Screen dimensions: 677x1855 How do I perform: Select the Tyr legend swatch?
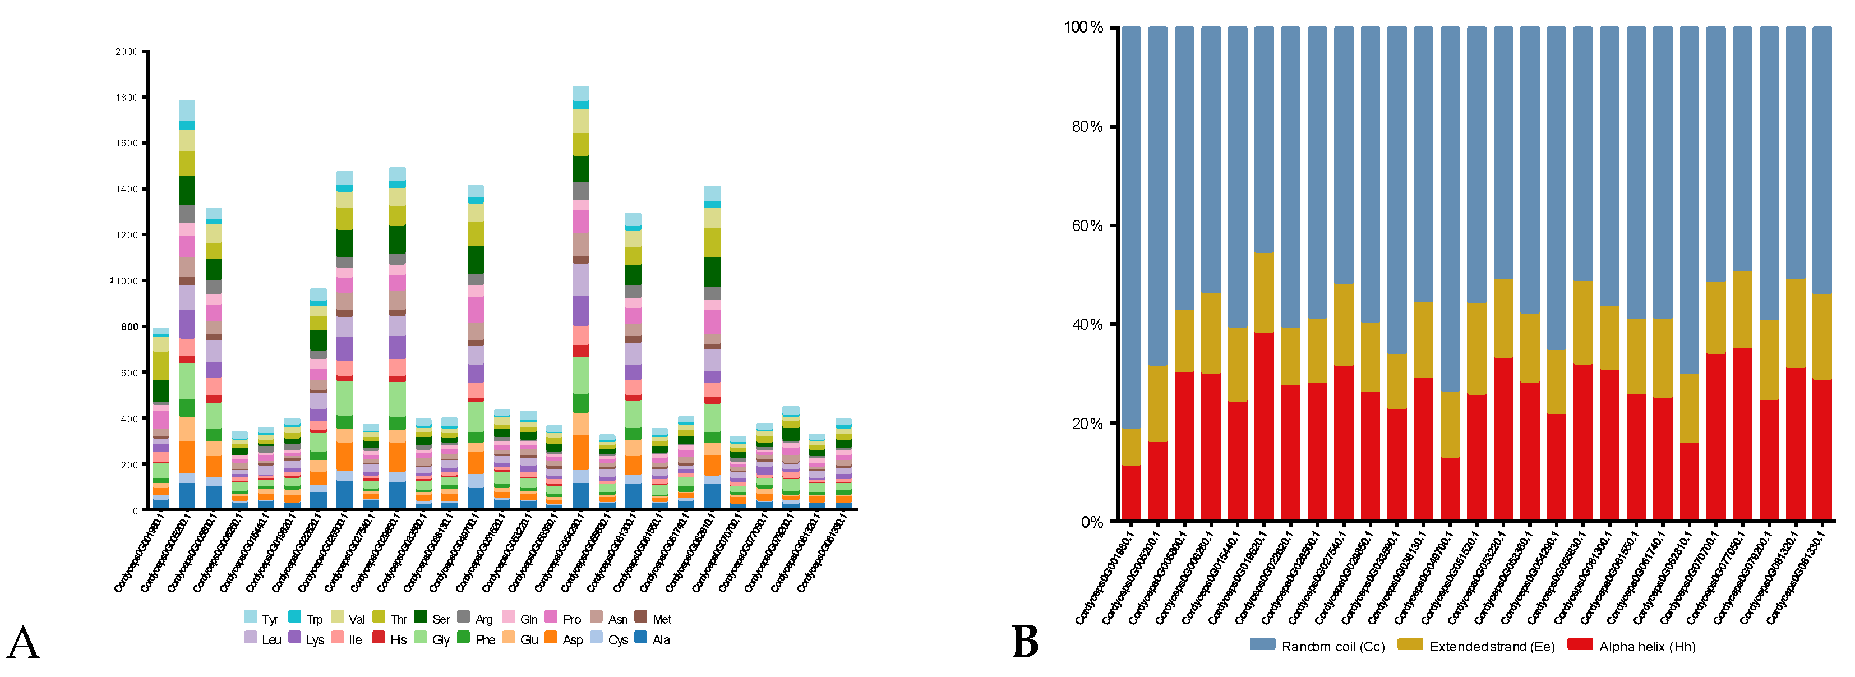click(x=250, y=617)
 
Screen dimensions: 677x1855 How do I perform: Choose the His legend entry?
click(x=398, y=639)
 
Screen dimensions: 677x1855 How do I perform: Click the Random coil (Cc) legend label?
click(x=1333, y=647)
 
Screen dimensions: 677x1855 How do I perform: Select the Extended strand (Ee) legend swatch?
click(x=1410, y=644)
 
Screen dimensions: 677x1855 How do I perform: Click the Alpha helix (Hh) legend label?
click(x=1647, y=647)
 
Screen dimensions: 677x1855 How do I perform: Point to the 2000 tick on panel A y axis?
click(x=127, y=52)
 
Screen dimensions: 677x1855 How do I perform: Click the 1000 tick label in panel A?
click(x=127, y=281)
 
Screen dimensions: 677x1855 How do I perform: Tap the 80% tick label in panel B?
click(x=1087, y=127)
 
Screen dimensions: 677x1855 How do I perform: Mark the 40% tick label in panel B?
click(x=1087, y=324)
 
